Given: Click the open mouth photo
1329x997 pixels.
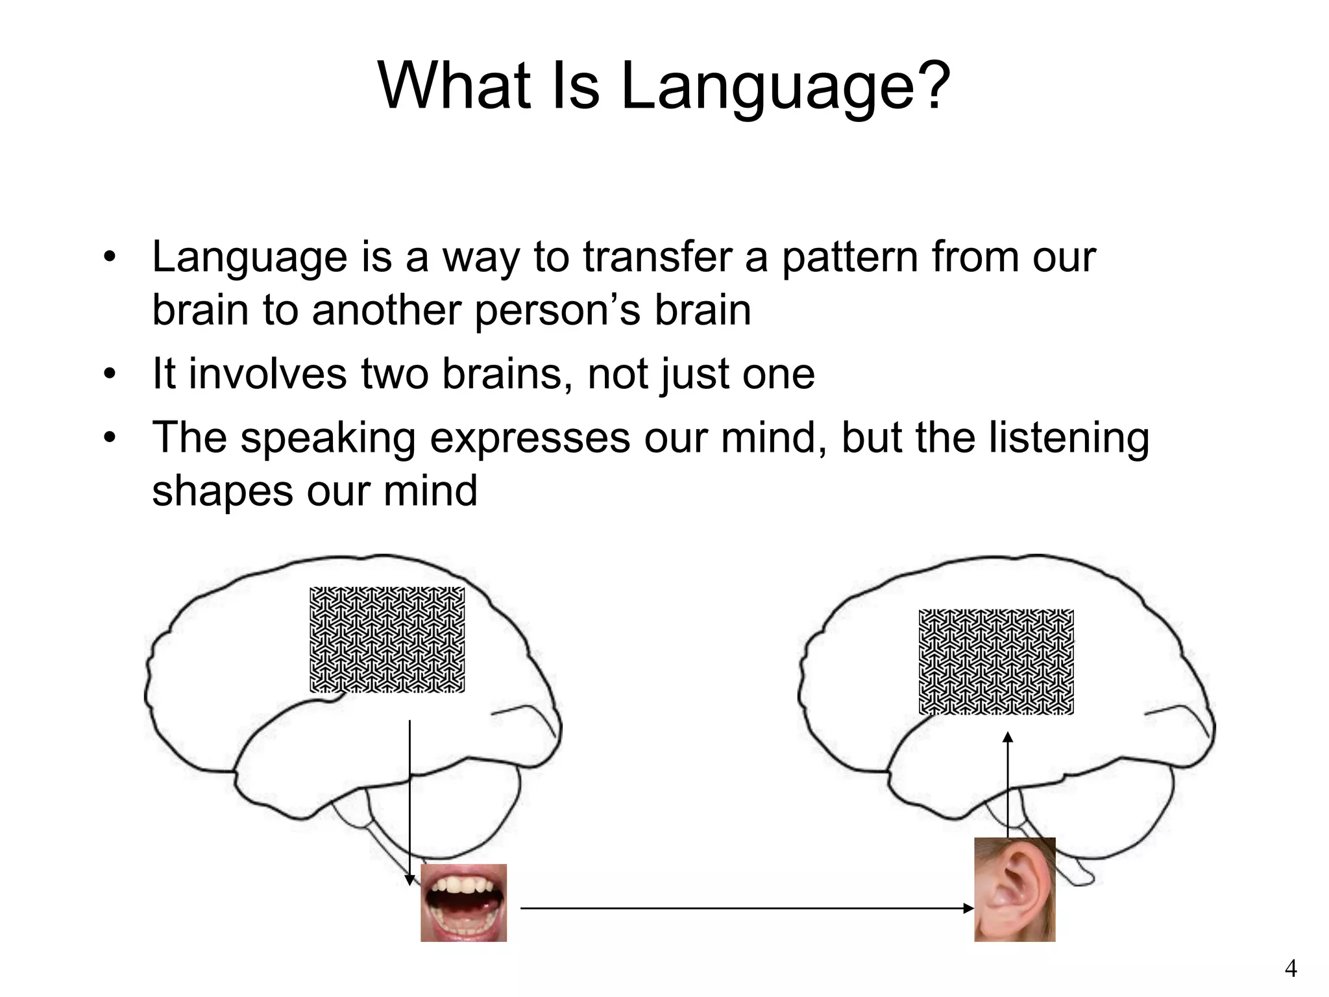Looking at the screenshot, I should [463, 902].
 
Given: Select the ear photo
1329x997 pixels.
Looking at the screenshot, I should [1014, 889].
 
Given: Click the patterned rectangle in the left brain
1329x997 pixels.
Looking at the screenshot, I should [387, 639].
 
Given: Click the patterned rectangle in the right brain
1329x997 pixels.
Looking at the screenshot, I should [996, 661].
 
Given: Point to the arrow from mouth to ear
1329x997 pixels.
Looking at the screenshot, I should [746, 909].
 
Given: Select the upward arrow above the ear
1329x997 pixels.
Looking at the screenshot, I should [1007, 785].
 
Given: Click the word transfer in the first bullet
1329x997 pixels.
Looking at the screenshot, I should [657, 257].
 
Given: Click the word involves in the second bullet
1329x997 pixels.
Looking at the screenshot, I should [267, 375].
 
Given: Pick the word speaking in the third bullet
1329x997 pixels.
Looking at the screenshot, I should [328, 439].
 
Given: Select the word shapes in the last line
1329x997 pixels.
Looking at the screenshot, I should [223, 491].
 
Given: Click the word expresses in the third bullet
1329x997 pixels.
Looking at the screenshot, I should [530, 439].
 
